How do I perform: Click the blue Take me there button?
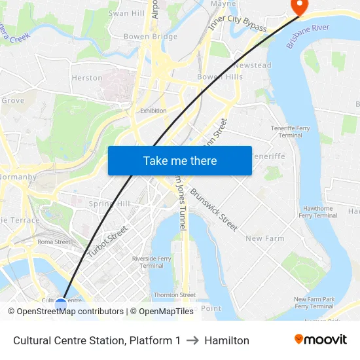(179, 160)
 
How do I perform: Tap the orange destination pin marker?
(299, 6)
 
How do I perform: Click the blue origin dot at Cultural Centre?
(61, 304)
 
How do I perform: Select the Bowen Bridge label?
(151, 37)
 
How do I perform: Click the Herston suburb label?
(87, 78)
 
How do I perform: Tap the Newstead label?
(252, 65)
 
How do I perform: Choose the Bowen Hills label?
(220, 77)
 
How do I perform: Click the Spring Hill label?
(109, 204)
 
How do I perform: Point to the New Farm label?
(264, 238)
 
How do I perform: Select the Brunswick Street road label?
(214, 209)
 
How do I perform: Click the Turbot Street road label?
(107, 242)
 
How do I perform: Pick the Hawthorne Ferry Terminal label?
(318, 211)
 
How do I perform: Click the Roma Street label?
(54, 242)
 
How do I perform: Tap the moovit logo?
(320, 340)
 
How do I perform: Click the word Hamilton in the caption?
(226, 340)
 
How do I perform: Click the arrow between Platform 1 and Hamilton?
(192, 340)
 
